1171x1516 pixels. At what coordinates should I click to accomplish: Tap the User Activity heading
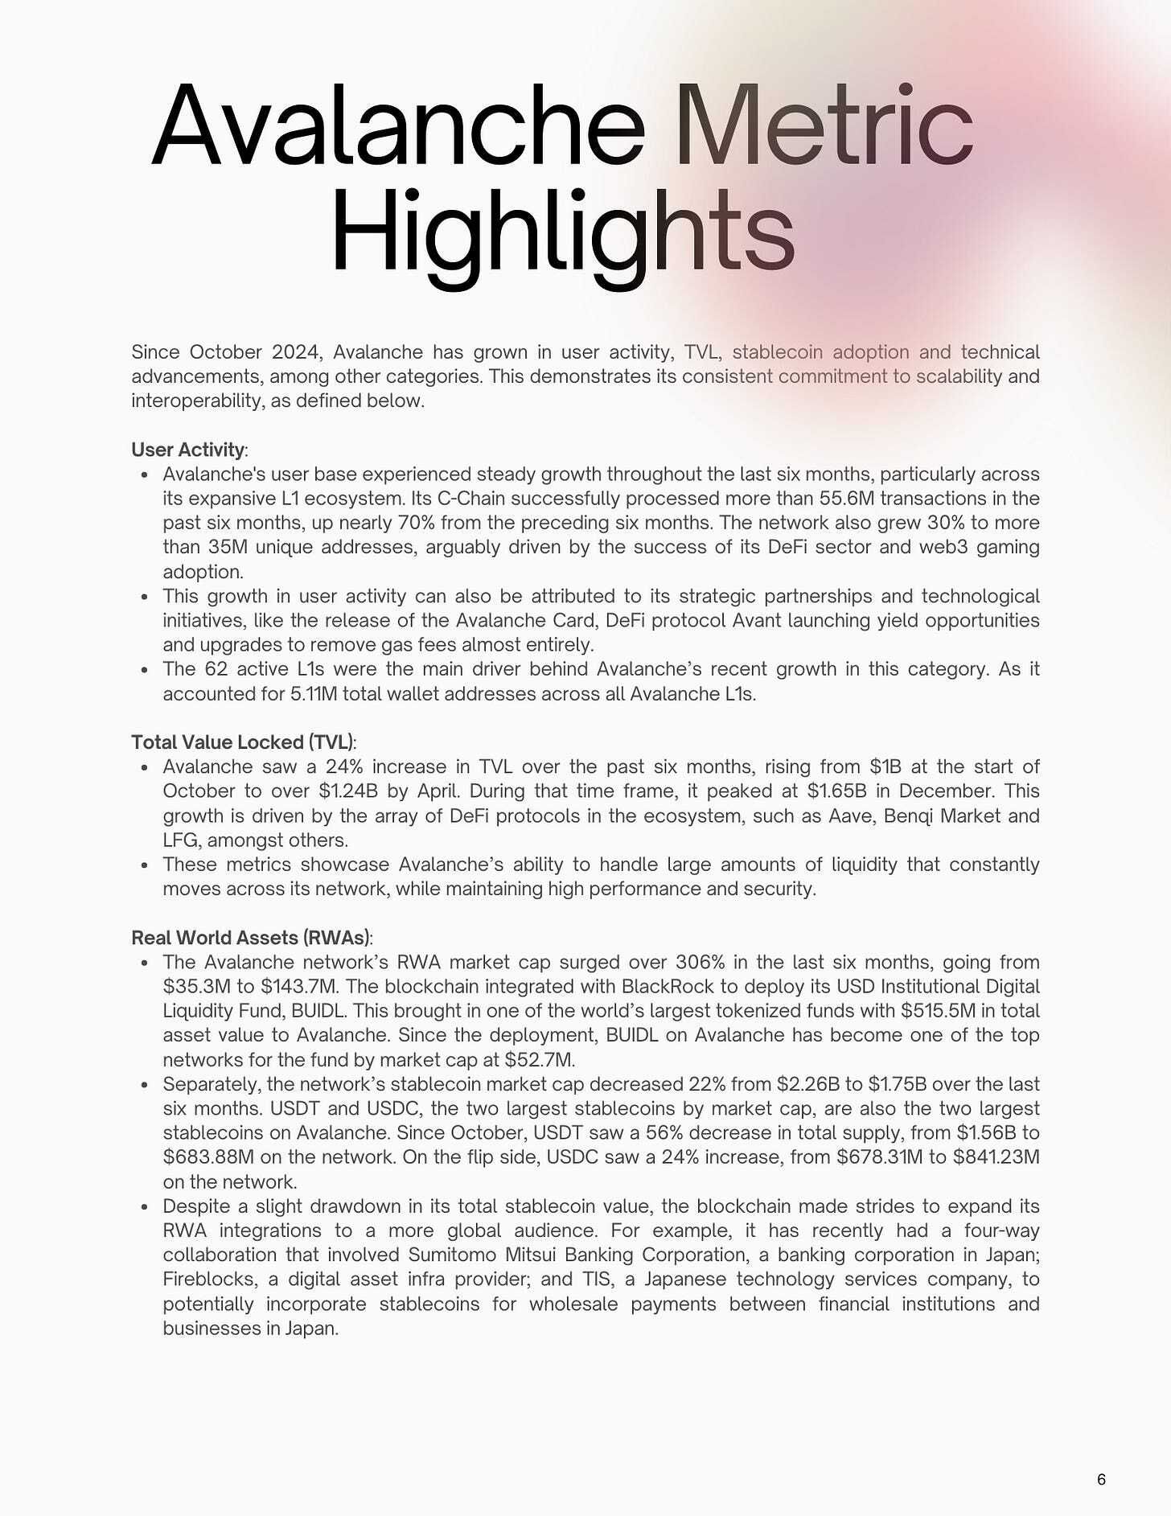click(x=187, y=450)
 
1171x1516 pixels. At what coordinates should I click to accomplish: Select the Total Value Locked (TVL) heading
click(x=242, y=742)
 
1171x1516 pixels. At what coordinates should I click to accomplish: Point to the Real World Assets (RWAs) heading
click(x=250, y=938)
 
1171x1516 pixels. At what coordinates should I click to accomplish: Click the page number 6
click(x=1101, y=1479)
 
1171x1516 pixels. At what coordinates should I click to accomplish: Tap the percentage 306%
click(x=701, y=963)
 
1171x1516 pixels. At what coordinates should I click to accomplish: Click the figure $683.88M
click(x=212, y=1157)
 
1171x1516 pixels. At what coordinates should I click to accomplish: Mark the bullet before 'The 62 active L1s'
click(x=145, y=670)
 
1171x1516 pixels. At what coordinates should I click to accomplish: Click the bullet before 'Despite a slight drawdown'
click(x=145, y=1207)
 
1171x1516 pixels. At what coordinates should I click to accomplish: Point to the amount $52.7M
click(x=538, y=1060)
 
